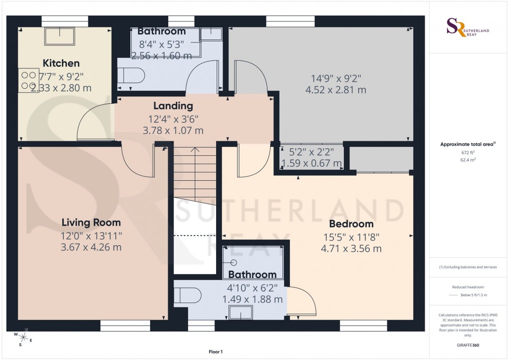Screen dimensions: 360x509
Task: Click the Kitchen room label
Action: pyautogui.click(x=61, y=63)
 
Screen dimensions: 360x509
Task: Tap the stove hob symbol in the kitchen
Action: pyautogui.click(x=28, y=80)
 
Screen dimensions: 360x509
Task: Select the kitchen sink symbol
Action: pyautogui.click(x=60, y=36)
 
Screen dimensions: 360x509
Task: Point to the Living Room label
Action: pyautogui.click(x=91, y=222)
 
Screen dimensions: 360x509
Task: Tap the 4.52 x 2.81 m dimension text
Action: pyautogui.click(x=335, y=90)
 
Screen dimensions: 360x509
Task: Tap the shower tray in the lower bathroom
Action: pyautogui.click(x=253, y=262)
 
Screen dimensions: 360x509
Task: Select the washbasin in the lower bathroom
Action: pyautogui.click(x=241, y=312)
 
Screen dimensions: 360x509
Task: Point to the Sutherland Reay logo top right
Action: pyautogui.click(x=468, y=27)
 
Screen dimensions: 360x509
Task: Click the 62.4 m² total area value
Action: pyautogui.click(x=468, y=160)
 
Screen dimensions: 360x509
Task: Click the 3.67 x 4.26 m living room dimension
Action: pyautogui.click(x=91, y=247)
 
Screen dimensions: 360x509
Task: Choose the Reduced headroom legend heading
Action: pyautogui.click(x=468, y=287)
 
